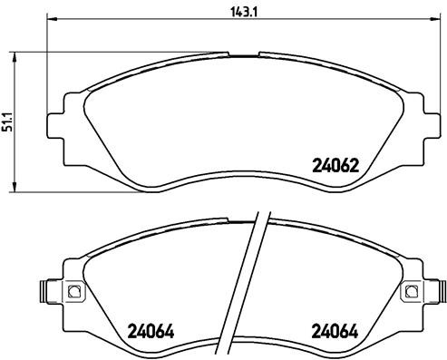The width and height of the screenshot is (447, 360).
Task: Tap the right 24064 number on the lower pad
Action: tap(331, 329)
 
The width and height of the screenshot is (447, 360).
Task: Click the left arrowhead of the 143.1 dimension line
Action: tap(49, 19)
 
